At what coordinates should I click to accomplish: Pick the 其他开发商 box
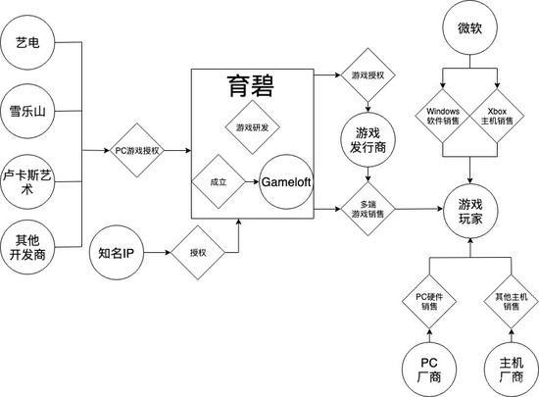27,245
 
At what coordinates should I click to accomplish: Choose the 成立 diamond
217,181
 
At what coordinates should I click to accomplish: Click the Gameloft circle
286,182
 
